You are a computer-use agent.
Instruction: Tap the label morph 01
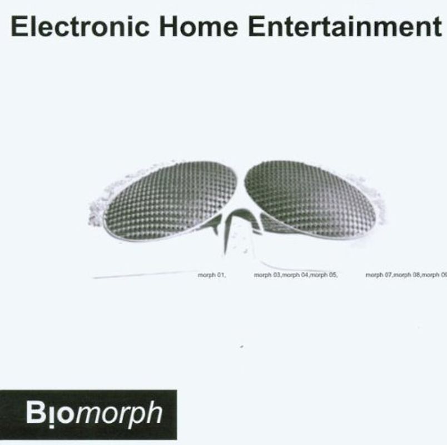(x=211, y=275)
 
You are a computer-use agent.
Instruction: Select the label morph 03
(x=267, y=275)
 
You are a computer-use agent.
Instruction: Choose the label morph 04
(x=295, y=275)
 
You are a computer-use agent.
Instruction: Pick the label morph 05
(x=324, y=275)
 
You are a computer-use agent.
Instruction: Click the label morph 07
(x=379, y=275)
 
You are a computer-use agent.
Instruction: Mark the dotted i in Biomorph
(x=49, y=414)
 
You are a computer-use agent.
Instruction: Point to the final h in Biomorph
(x=156, y=413)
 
